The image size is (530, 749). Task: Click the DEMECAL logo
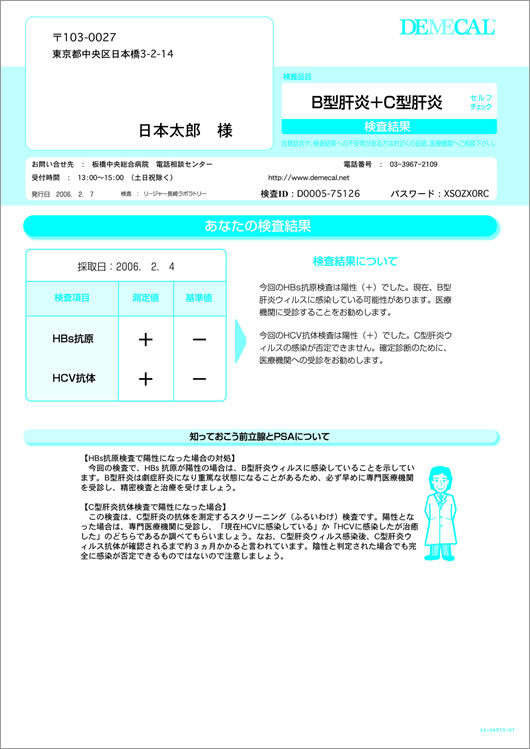pyautogui.click(x=447, y=28)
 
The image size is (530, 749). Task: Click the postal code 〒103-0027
pyautogui.click(x=84, y=34)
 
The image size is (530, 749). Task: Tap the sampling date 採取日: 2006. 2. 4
pyautogui.click(x=125, y=267)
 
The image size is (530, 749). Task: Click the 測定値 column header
pyautogui.click(x=145, y=298)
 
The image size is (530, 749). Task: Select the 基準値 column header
pyautogui.click(x=199, y=298)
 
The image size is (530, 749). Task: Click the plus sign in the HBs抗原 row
pyautogui.click(x=145, y=340)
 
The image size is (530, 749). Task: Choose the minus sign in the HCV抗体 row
pyautogui.click(x=199, y=378)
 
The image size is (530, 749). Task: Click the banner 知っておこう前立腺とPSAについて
pyautogui.click(x=259, y=436)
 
